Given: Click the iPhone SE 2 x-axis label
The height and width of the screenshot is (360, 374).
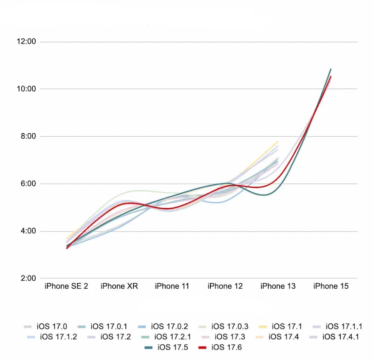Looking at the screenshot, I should (66, 286).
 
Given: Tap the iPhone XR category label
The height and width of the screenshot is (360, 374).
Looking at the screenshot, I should (119, 286).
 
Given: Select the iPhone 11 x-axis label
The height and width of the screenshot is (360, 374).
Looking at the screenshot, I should (172, 286).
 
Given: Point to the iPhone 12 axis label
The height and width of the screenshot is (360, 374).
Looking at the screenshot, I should (225, 286).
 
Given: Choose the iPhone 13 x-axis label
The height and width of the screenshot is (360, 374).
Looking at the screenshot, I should (278, 286).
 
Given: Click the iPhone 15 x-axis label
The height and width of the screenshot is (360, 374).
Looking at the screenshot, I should (331, 286).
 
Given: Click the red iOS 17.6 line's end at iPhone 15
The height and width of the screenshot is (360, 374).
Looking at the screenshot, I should (331, 77).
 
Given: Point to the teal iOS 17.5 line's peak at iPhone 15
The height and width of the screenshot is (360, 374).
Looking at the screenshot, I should (331, 69).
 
